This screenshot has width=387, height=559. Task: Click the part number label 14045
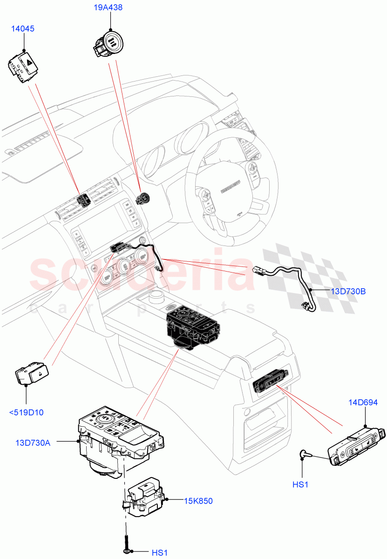tap(23, 29)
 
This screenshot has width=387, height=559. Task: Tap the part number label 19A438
tap(110, 7)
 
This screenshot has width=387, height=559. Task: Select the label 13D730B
tap(348, 292)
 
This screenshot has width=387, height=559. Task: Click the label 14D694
tap(363, 402)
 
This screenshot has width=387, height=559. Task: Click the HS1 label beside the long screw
tap(159, 552)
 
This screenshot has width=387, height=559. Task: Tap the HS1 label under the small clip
tap(300, 484)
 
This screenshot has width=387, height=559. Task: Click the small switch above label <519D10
tap(32, 374)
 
